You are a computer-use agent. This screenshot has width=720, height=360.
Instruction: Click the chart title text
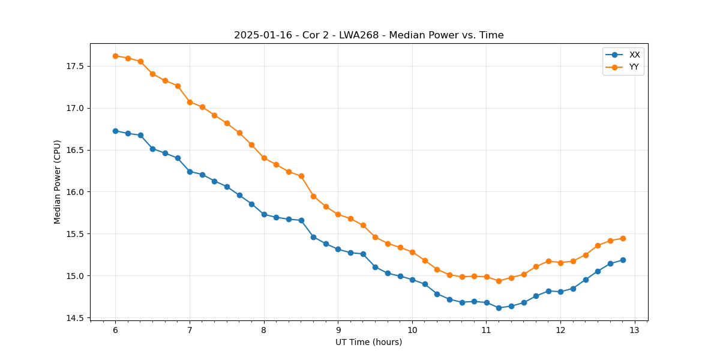[x=368, y=35]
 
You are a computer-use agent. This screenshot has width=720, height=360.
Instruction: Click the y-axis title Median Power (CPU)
[x=58, y=182]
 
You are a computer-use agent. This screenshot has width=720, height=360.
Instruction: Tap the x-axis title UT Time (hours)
[x=368, y=342]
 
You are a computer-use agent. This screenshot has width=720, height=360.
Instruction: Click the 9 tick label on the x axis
[x=338, y=331]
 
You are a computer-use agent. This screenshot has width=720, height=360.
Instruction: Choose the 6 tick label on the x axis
[x=115, y=331]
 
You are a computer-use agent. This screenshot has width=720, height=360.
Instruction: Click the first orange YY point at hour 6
[x=115, y=56]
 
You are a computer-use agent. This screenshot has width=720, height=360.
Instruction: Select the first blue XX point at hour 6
[x=115, y=131]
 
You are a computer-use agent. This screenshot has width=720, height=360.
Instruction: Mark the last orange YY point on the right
[x=623, y=238]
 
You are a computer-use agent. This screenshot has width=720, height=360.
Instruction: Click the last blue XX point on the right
[x=623, y=260]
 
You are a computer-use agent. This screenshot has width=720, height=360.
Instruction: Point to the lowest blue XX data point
[x=499, y=308]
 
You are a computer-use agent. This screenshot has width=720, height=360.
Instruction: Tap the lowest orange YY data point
[x=499, y=281]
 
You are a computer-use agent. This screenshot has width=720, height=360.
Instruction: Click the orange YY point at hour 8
[x=264, y=158]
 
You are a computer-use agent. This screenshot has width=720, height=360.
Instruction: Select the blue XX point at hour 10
[x=412, y=280]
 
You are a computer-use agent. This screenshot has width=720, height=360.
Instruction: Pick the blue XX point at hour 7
[x=190, y=172]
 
